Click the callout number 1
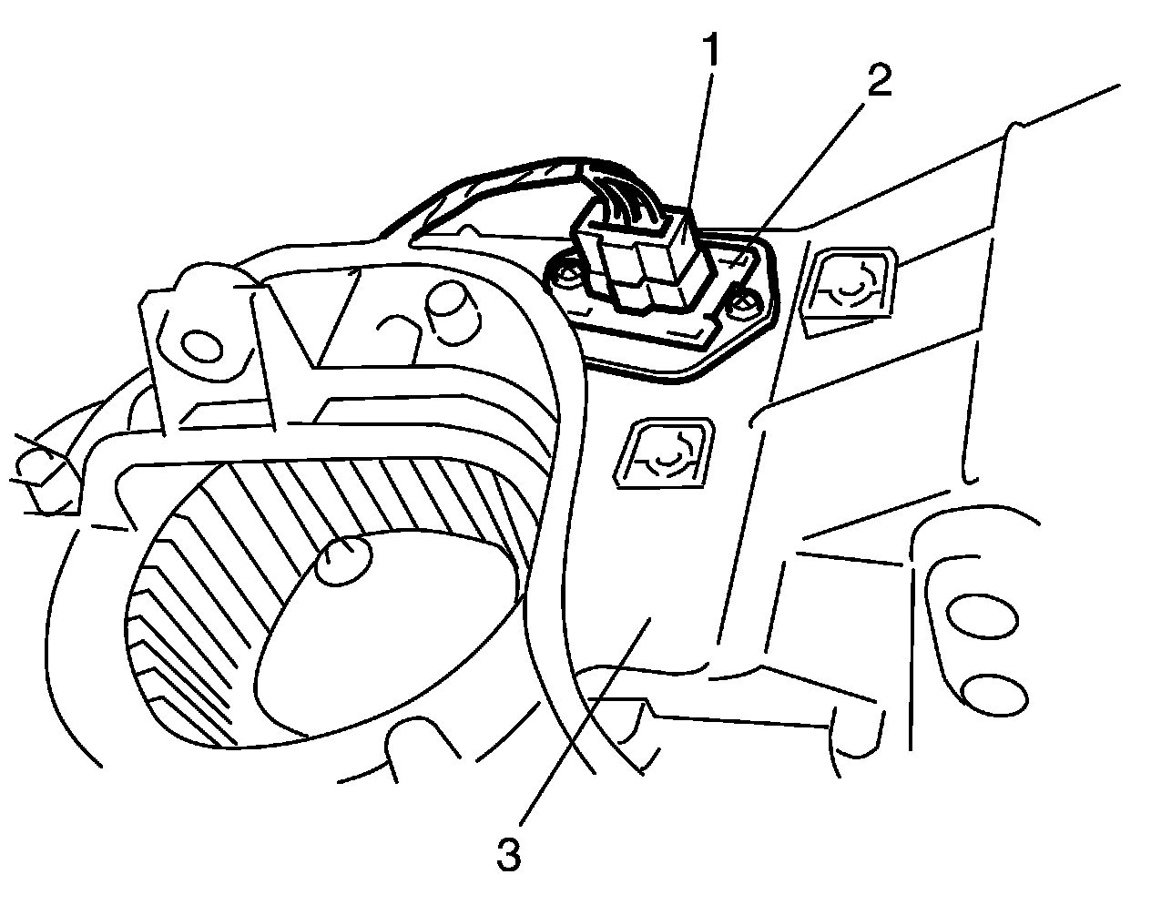tap(709, 52)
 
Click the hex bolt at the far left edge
tap(41, 473)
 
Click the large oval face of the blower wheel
tap(382, 637)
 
